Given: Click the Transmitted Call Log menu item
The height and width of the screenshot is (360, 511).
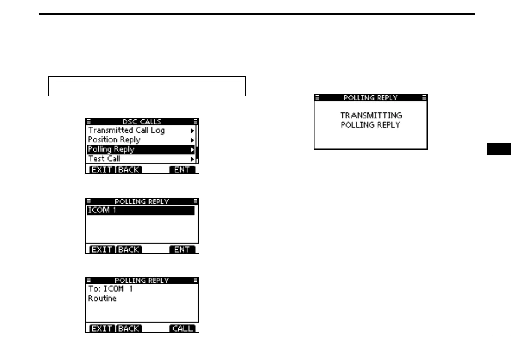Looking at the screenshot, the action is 126,130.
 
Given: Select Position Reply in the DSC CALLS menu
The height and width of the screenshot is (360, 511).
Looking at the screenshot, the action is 114,140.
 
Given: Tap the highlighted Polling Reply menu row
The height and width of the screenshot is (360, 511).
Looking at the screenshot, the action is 141,149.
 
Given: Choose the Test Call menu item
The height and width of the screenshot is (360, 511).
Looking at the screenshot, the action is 104,159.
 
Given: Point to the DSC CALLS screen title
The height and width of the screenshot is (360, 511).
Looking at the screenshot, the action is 142,121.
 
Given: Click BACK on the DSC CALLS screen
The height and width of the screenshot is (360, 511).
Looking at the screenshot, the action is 129,170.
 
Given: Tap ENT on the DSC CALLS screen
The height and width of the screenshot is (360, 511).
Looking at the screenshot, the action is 182,170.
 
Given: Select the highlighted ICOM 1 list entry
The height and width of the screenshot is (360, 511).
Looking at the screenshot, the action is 140,210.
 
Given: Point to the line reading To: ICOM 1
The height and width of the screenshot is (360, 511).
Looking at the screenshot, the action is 110,289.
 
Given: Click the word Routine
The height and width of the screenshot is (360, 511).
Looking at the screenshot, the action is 102,299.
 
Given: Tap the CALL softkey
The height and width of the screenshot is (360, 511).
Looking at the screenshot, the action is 182,329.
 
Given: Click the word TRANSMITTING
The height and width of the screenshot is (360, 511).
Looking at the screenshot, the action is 371,115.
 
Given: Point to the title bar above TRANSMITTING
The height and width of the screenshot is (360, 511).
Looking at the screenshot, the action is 371,98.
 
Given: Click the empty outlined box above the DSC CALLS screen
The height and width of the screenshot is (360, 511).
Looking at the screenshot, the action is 147,86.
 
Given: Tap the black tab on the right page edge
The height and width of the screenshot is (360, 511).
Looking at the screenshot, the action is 499,149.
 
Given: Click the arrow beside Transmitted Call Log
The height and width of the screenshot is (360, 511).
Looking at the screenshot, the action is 192,130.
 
